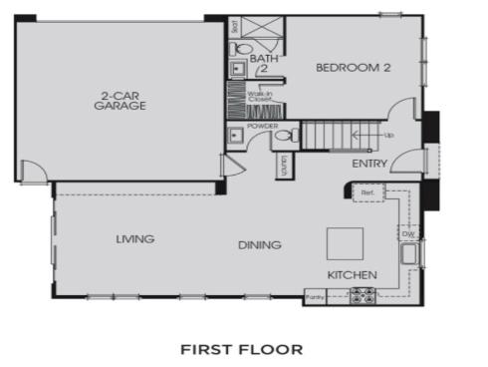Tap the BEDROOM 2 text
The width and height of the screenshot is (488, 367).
pos(352,68)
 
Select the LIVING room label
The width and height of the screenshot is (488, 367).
pos(134,238)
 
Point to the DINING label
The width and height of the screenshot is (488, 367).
pos(259,244)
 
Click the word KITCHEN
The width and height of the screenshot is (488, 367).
pos(353,274)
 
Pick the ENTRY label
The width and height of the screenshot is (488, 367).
pos(369,164)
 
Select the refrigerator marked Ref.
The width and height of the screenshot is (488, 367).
pos(367,191)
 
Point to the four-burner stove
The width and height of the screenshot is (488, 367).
pos(362,295)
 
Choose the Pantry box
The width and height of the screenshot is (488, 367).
pos(316,296)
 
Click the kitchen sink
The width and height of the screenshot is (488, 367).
pos(408,254)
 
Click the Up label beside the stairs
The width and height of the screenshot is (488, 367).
pos(388,135)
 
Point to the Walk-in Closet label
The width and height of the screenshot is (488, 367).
pos(260,97)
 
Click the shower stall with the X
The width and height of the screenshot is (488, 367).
pos(262,27)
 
